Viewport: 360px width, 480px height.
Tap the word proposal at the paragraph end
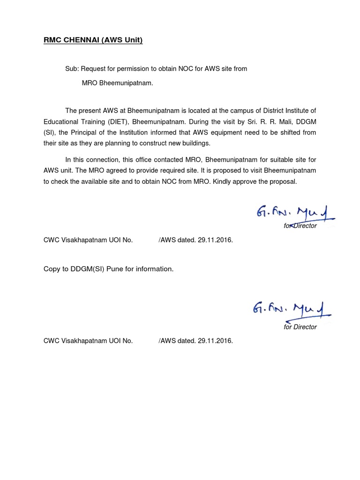click(284, 181)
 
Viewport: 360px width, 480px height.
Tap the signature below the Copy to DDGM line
click(291, 309)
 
